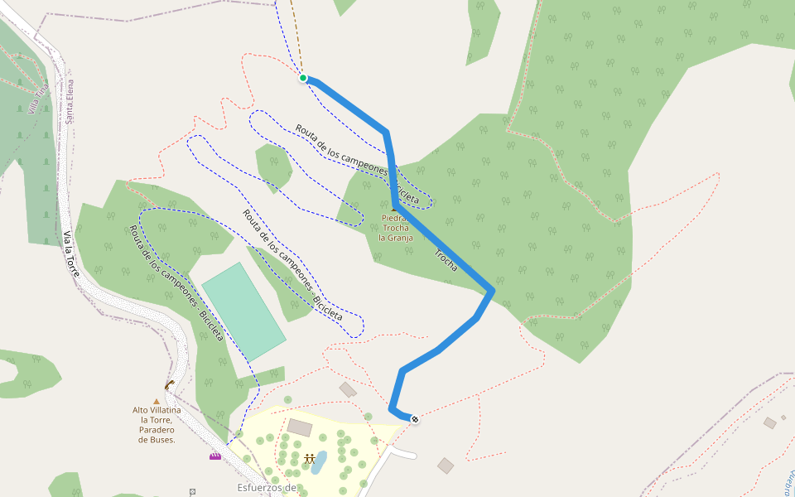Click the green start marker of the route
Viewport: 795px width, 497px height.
coord(303,78)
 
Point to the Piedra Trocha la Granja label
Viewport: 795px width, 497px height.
coord(395,228)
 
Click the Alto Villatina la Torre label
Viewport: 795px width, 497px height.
coord(156,424)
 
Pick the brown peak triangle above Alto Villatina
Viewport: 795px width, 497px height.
coord(156,401)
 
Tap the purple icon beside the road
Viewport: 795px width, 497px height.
coord(215,456)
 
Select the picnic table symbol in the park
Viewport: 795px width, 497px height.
coord(309,458)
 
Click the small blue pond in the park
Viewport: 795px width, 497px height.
coord(319,462)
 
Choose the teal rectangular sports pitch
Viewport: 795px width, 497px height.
coord(243,311)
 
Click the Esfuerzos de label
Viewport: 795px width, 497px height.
coord(266,488)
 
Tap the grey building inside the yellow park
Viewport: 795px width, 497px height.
coord(300,427)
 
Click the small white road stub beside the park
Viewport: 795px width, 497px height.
coord(404,453)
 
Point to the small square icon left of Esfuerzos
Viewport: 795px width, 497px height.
coord(192,491)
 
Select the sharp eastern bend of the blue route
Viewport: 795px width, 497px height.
coord(494,290)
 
